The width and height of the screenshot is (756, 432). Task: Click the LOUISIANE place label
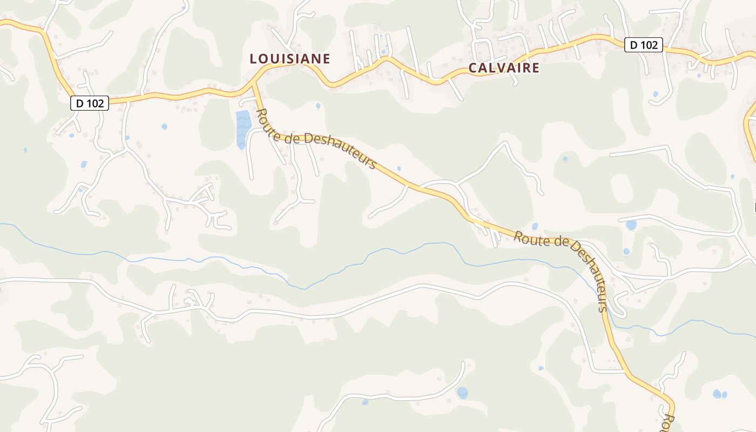(x=289, y=59)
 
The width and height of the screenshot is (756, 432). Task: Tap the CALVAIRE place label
(x=503, y=67)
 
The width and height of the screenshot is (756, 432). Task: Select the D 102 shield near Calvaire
(x=644, y=45)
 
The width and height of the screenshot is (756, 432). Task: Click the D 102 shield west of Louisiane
(x=90, y=103)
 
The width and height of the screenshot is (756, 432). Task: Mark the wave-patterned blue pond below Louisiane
(x=243, y=129)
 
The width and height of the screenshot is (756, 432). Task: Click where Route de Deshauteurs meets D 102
(x=254, y=86)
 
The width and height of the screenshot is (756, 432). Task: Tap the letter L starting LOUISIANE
(x=253, y=59)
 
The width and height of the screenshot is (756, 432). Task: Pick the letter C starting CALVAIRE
(x=473, y=68)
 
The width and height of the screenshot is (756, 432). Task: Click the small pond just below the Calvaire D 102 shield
(x=656, y=94)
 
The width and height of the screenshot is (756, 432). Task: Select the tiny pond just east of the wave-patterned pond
(x=318, y=106)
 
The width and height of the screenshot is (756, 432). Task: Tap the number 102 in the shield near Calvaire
(x=649, y=45)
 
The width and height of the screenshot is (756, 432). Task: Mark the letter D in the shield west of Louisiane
(x=79, y=103)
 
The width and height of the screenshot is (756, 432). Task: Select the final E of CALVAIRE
(x=535, y=67)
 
